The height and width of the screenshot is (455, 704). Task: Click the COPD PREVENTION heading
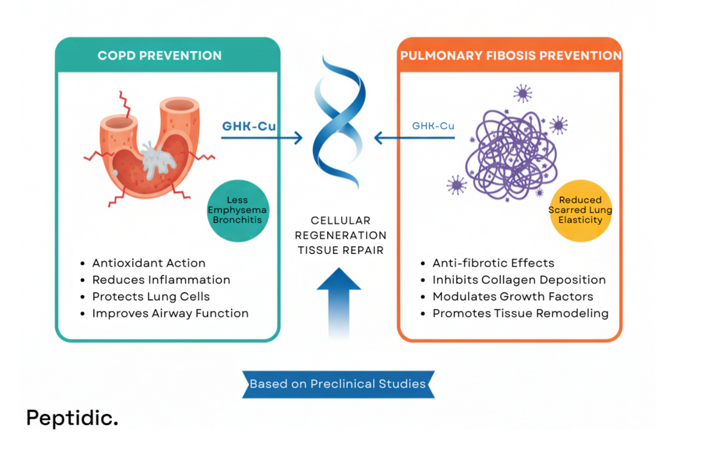coord(159,56)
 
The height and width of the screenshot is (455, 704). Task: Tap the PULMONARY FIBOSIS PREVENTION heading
coord(511,56)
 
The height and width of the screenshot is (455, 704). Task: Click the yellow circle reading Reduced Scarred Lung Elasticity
coord(580,211)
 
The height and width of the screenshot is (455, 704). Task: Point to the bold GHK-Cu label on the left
coord(249,126)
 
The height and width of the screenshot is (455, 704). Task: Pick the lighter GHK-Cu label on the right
coord(433,125)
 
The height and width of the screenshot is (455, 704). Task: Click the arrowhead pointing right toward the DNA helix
coord(297,137)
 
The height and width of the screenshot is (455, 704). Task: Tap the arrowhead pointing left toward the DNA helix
coord(379,137)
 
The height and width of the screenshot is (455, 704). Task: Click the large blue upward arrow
coord(339,301)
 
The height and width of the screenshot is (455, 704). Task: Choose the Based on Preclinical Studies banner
coord(338,384)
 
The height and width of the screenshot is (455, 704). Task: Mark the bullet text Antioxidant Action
coord(148,263)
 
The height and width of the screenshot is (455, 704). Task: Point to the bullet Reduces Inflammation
coord(161,280)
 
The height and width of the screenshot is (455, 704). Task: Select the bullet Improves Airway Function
coord(170,313)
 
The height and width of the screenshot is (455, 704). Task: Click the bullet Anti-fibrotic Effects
coord(493,263)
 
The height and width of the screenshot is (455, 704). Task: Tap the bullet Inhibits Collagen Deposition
coord(518,280)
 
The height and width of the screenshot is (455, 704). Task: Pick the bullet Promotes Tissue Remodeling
coord(520,313)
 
